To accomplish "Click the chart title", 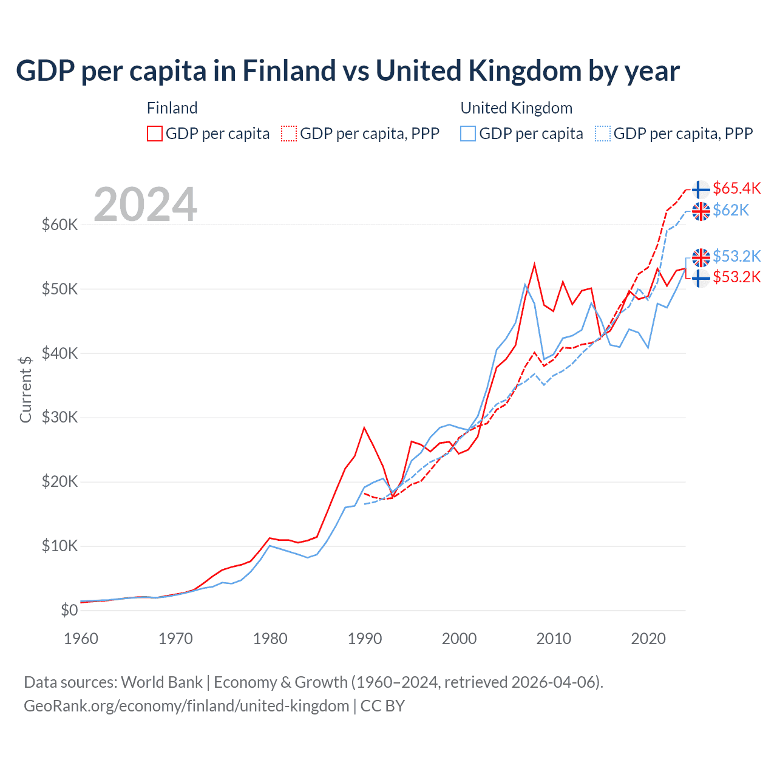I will pos(347,71).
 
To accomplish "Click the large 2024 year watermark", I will pos(146,205).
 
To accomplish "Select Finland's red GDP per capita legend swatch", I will pos(155,134).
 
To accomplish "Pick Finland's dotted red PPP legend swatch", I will pos(289,134).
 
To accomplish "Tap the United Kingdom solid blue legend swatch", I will pos(468,134).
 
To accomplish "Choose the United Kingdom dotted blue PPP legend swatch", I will pos(603,134).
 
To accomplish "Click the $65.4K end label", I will pos(736,188).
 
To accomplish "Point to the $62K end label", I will pos(731,210).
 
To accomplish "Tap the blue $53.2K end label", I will pos(736,256).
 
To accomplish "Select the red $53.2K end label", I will pos(736,277).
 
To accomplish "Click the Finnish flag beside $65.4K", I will pos(701,189).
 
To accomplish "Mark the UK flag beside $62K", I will pos(701,211).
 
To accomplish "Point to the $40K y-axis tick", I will pos(59,353).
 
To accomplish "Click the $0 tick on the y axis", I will pos(69,610).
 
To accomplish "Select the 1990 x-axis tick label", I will pos(365,639).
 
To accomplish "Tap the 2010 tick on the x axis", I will pos(554,639).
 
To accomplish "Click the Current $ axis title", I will pos(25,389).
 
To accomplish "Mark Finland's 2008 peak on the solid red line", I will pos(534,265).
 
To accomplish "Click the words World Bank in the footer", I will pos(162,682).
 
